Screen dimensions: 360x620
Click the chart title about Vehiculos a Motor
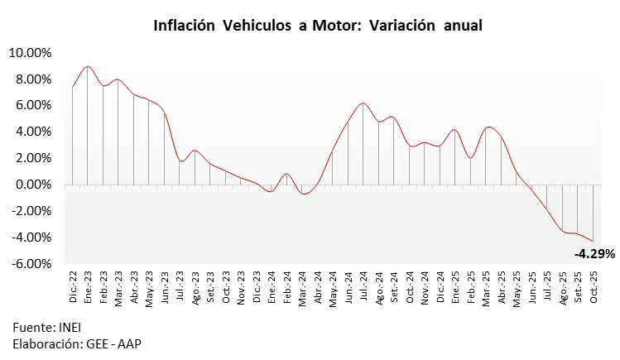(318, 26)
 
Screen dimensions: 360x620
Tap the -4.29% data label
(594, 254)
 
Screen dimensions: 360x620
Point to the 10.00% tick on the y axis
(30, 53)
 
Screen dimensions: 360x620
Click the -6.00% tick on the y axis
(31, 264)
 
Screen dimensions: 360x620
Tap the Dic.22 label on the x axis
(73, 286)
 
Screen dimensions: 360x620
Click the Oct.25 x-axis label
(594, 286)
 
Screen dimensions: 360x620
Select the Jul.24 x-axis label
(363, 286)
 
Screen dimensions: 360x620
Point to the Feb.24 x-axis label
(286, 286)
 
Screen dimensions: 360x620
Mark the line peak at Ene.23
(88, 66)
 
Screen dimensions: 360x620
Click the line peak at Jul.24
(363, 103)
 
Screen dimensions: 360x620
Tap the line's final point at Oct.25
(593, 241)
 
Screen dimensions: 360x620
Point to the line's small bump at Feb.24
(286, 174)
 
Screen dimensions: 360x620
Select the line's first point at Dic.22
(73, 87)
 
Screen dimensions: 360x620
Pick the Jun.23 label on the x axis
(165, 286)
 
